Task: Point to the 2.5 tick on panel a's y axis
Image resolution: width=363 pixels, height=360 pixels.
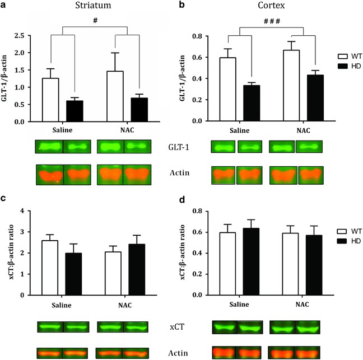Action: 19,36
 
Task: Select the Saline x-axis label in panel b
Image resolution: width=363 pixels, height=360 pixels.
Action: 228,131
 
